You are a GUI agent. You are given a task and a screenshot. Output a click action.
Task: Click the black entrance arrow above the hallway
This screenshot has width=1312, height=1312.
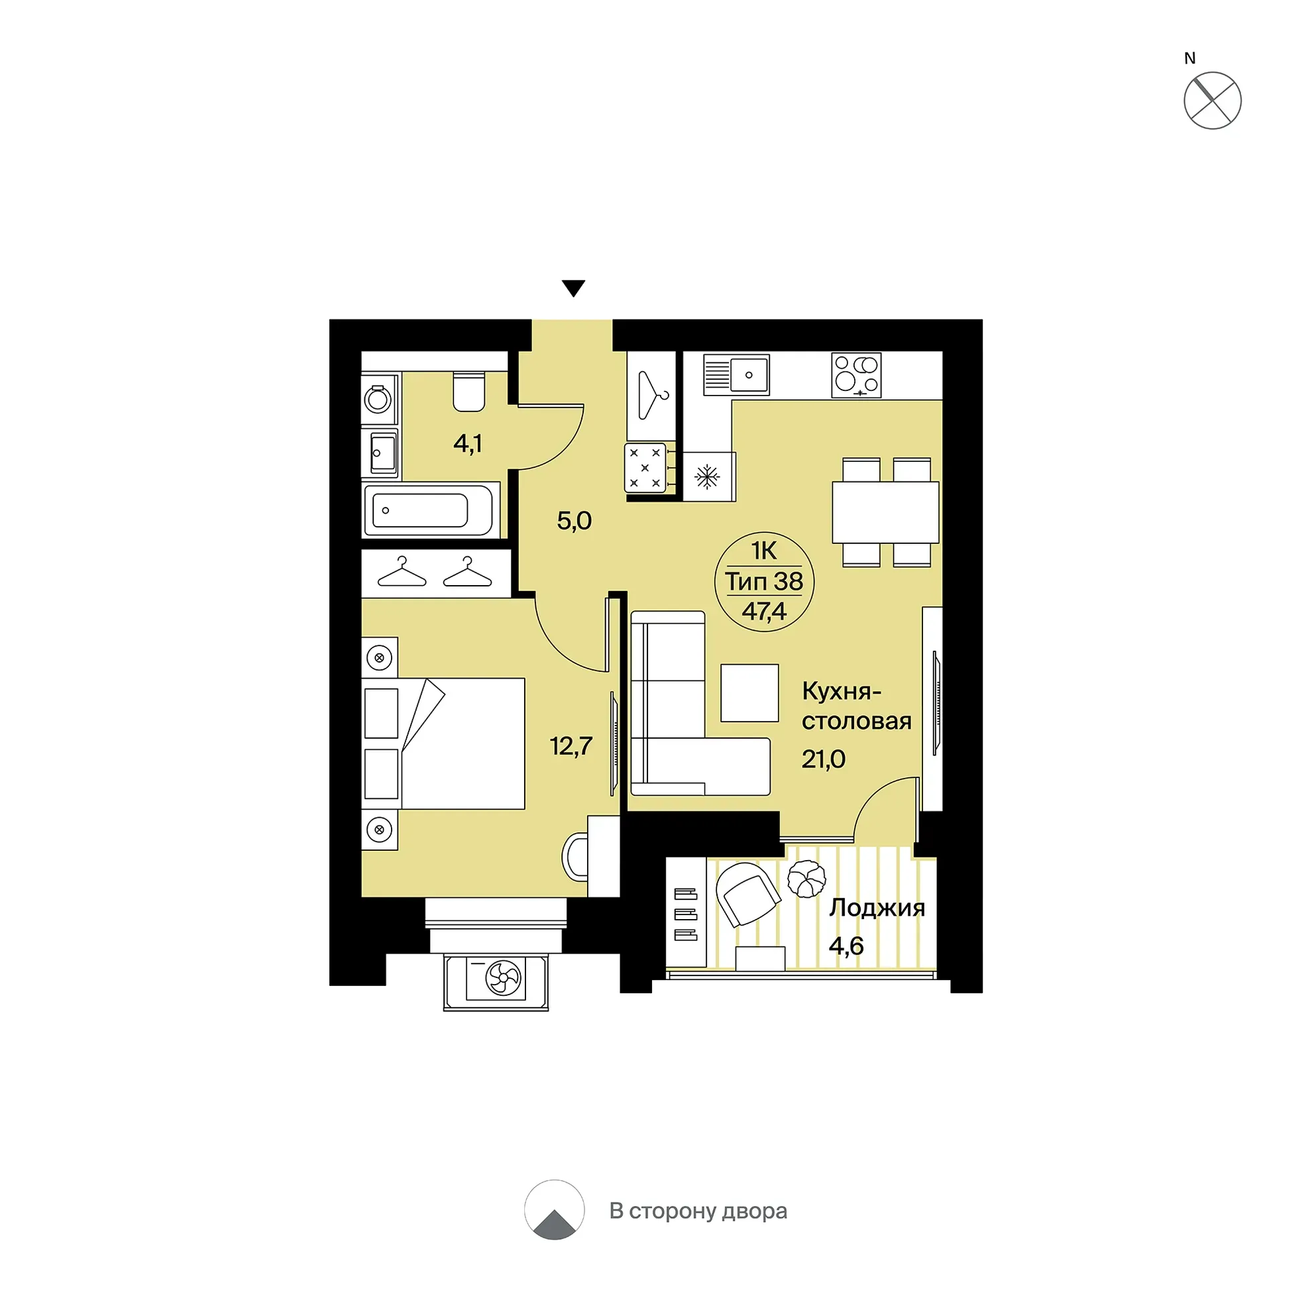[574, 289]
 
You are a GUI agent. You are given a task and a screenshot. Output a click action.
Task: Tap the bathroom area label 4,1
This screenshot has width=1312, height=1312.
[468, 443]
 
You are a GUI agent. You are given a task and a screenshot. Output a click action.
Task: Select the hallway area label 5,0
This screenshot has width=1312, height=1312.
[574, 521]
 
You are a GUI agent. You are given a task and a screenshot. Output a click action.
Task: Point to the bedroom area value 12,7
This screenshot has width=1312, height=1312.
[571, 746]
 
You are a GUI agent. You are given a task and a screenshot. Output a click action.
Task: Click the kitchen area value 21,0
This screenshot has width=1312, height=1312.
[823, 759]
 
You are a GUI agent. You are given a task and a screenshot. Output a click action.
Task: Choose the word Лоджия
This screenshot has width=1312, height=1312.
[877, 908]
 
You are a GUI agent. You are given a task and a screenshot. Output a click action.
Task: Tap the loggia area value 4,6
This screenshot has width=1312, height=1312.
[846, 946]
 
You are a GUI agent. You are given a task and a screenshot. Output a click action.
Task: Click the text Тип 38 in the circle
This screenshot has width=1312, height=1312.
[764, 581]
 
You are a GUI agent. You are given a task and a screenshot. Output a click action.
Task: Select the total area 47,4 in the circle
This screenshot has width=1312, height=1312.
[764, 611]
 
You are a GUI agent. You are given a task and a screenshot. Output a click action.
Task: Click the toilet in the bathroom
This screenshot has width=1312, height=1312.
[468, 391]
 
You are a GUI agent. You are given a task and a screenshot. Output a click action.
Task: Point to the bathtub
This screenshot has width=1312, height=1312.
[428, 510]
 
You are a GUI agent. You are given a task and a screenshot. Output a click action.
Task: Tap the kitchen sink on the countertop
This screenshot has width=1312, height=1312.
[736, 374]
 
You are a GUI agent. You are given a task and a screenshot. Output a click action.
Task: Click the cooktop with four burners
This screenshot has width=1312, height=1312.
[856, 375]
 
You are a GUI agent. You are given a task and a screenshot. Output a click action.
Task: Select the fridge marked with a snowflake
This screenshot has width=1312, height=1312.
[708, 476]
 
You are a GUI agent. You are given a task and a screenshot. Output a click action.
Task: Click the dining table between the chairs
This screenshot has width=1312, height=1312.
[885, 512]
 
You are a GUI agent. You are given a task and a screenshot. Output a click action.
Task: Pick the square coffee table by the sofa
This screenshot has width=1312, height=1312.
[749, 692]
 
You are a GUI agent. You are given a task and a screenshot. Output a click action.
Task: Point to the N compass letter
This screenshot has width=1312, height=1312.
[1190, 58]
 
